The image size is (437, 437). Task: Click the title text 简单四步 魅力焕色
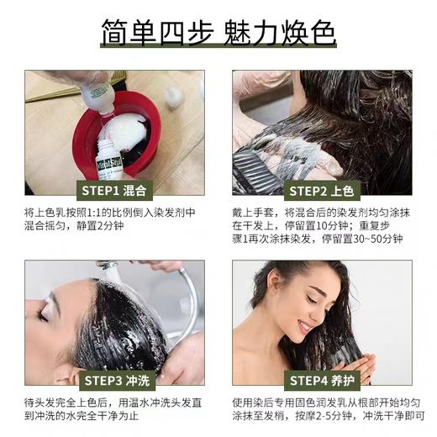[218, 33]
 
